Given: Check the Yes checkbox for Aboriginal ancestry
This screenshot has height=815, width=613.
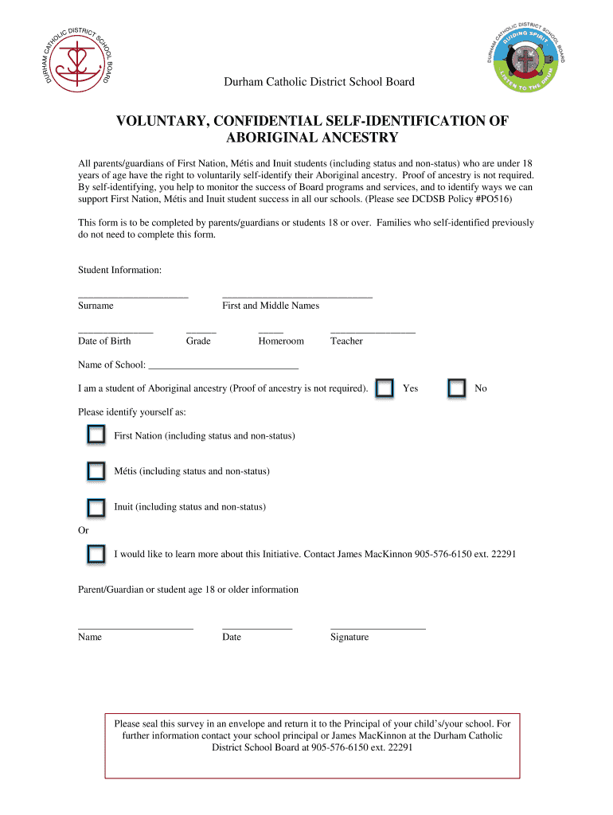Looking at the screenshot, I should click(x=385, y=388).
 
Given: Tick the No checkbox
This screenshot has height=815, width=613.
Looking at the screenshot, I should click(x=456, y=388).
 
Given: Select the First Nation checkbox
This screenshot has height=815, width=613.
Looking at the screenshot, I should click(x=96, y=435).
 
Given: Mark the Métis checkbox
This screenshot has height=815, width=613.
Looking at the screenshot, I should click(x=96, y=470).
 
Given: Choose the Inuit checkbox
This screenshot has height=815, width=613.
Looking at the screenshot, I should click(x=96, y=506).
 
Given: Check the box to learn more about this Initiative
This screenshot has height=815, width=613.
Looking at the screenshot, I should click(x=96, y=553).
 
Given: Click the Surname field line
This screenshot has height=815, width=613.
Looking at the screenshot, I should click(x=133, y=296).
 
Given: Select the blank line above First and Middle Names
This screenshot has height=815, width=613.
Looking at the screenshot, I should click(x=297, y=296).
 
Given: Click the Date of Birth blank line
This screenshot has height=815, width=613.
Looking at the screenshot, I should click(x=115, y=331).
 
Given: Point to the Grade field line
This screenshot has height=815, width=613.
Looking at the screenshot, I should click(x=201, y=331).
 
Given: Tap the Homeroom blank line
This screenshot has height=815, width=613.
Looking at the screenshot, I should click(x=271, y=331).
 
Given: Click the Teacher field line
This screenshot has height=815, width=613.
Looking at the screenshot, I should click(x=373, y=331).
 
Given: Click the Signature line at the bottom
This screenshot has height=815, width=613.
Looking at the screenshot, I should click(x=378, y=628).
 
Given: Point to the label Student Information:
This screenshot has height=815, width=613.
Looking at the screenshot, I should click(x=119, y=271).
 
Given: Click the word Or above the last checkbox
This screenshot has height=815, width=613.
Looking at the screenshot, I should click(x=83, y=530).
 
